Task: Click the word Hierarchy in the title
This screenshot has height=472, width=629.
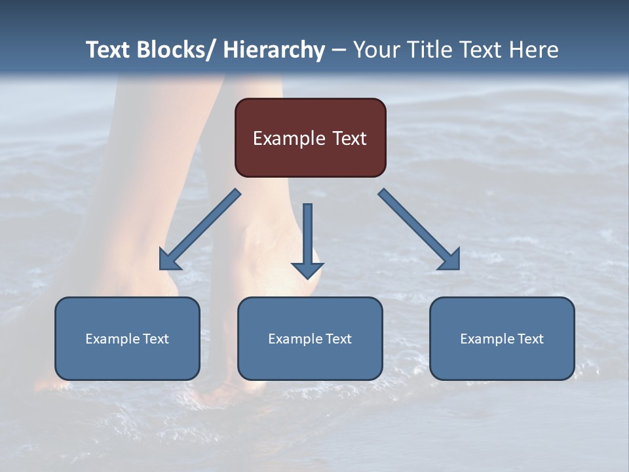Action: point(274,50)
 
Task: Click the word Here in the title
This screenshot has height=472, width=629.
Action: point(535,50)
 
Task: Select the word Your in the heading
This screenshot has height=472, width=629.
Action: point(377,50)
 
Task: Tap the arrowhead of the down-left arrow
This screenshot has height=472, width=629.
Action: point(170,260)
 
